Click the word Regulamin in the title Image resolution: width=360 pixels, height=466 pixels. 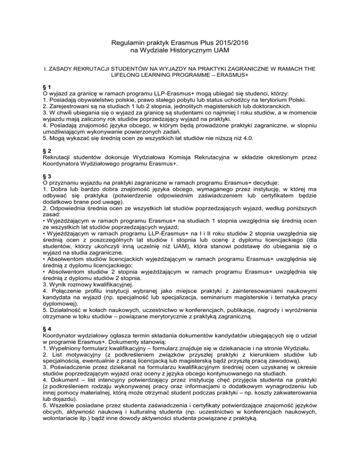point(130,43)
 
